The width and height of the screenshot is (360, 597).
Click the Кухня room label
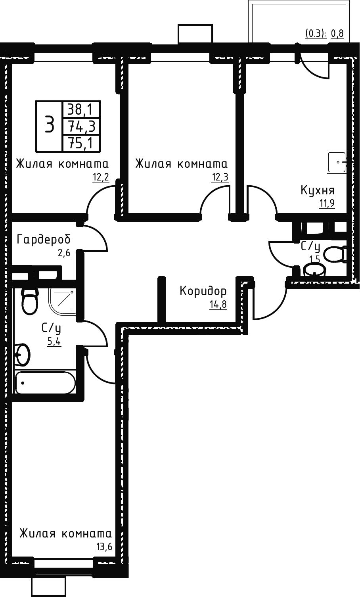coord(317,191)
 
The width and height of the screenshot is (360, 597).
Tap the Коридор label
coord(203,291)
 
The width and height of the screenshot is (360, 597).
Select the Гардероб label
coord(44,239)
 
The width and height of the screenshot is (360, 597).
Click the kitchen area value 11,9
coord(327,204)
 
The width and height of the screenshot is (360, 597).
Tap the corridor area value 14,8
coord(218,304)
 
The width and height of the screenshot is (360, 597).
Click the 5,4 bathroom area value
coord(54,342)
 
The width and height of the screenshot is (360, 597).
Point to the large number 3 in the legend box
coord(49,125)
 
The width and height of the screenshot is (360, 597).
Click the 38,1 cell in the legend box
coord(81,109)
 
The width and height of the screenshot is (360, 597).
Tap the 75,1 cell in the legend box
coord(81,144)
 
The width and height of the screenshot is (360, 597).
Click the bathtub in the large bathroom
coord(45,383)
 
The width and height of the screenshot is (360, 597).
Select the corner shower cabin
coord(62,301)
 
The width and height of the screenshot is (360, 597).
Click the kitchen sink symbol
coord(337,162)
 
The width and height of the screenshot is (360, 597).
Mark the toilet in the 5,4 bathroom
coord(30,301)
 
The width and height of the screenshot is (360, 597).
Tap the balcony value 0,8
coord(337,34)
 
